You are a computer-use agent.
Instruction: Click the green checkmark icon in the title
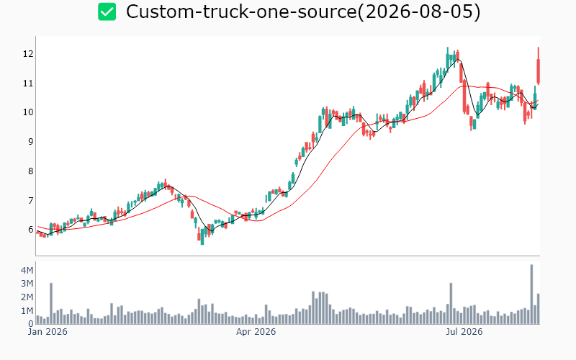tap(107, 12)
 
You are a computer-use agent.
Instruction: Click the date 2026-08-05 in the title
tap(419, 12)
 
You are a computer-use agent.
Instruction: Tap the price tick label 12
tap(28, 54)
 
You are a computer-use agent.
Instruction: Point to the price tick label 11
tap(28, 84)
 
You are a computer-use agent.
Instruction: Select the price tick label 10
tap(28, 112)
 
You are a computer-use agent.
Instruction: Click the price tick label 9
tap(30, 142)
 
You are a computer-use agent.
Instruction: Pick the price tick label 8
tap(30, 171)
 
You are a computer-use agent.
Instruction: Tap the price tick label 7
tap(30, 201)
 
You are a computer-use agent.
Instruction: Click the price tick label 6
tap(30, 230)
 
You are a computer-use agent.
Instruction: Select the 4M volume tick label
tap(27, 271)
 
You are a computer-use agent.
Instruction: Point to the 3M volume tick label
tap(27, 284)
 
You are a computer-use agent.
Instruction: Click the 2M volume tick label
tap(27, 297)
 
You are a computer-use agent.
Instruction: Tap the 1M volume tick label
tap(27, 311)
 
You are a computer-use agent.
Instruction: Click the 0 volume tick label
tap(31, 324)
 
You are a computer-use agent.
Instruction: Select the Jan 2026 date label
tap(48, 332)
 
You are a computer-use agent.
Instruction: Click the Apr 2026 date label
tap(256, 332)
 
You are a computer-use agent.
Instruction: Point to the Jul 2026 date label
tap(464, 332)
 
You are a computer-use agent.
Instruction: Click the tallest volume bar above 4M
tap(531, 294)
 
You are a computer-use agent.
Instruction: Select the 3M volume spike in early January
tap(51, 303)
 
